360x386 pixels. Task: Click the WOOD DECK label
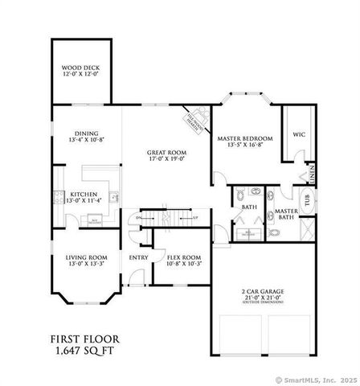(80, 68)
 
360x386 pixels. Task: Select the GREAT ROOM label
(166, 152)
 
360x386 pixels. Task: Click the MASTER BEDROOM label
(246, 138)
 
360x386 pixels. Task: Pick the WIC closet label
(298, 134)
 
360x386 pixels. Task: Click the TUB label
(305, 201)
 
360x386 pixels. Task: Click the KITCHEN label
(83, 195)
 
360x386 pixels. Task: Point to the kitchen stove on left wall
(57, 196)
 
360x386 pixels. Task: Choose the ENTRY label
(138, 257)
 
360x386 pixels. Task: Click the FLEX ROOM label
(183, 257)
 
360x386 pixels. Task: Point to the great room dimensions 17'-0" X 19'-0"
(166, 158)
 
